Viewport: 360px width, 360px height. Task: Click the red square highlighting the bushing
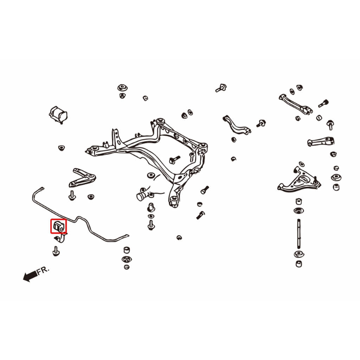click(x=51, y=226)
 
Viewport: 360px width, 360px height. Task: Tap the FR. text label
click(x=43, y=270)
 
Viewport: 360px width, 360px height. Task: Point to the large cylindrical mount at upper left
click(x=58, y=115)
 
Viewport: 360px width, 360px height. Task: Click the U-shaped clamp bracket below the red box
click(x=60, y=238)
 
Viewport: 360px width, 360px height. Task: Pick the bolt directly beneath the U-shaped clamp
click(x=56, y=251)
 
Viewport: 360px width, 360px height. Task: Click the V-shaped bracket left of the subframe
click(x=82, y=178)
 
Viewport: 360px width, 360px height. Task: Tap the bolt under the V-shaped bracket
click(x=72, y=195)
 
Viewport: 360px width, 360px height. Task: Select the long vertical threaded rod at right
click(x=298, y=234)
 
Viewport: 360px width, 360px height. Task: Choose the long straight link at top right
click(x=295, y=104)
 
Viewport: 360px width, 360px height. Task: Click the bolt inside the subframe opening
click(x=175, y=159)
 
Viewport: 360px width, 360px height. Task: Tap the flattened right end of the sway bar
click(x=125, y=236)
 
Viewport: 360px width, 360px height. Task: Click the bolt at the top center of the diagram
click(x=221, y=88)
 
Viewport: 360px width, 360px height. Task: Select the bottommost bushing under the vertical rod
click(x=298, y=264)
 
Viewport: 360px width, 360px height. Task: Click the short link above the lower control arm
click(x=321, y=141)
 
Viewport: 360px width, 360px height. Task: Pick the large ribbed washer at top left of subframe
click(x=123, y=88)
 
